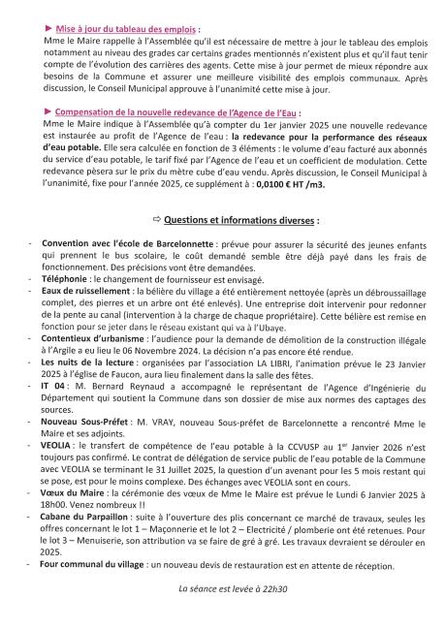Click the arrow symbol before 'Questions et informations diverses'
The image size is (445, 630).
pos(155,221)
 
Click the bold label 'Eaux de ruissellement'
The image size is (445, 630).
pos(86,290)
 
